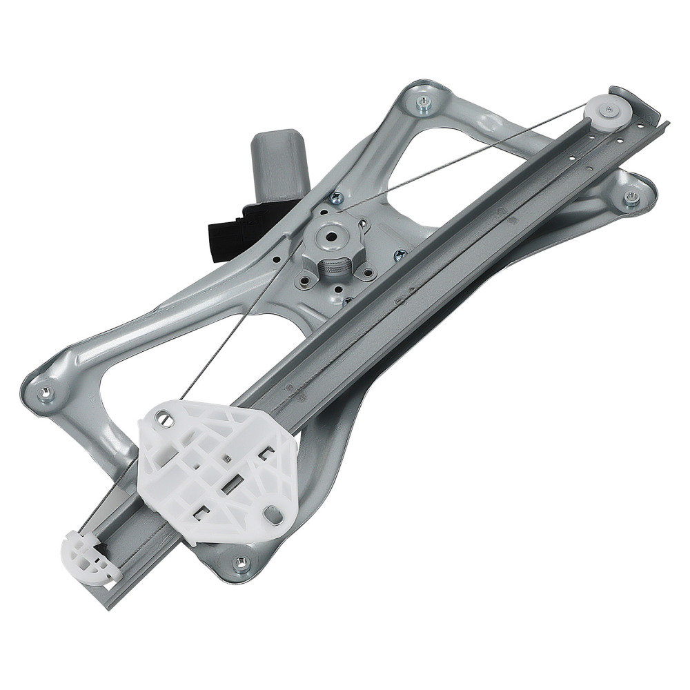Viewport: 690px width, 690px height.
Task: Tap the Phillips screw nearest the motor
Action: pos(335,199)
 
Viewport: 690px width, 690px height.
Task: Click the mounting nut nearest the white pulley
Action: pos(631,197)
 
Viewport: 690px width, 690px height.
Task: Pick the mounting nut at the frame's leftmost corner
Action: pos(45,394)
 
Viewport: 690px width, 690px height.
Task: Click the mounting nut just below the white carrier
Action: pos(241,562)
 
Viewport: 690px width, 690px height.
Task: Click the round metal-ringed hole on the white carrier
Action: pos(163,418)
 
